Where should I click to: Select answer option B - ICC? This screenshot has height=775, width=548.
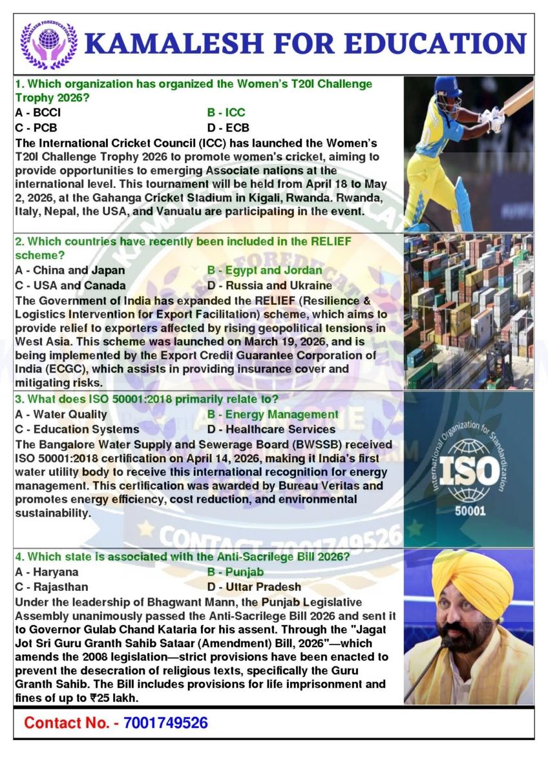click(x=226, y=112)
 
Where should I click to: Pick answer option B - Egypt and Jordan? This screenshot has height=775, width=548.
click(x=264, y=270)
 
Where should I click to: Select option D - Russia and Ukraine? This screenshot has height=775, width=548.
click(x=269, y=285)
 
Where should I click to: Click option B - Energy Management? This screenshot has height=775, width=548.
click(x=273, y=414)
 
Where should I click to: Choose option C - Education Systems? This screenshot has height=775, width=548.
click(x=77, y=429)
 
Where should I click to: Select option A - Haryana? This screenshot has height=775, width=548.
click(x=47, y=572)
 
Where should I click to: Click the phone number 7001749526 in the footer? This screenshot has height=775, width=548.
click(x=165, y=723)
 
